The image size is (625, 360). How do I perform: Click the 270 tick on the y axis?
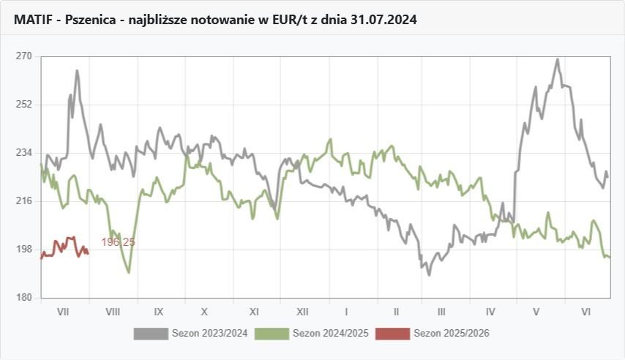[x=24, y=56]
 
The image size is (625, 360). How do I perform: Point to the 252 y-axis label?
[x=24, y=105]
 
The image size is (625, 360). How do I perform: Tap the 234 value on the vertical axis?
[x=24, y=153]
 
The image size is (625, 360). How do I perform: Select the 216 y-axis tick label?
[x=24, y=201]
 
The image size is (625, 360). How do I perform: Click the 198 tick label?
[x=24, y=250]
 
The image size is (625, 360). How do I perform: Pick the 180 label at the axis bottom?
[x=24, y=298]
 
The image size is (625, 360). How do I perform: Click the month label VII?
[x=63, y=312]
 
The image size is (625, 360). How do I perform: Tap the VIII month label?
[x=113, y=312]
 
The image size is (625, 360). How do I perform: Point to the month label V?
[x=536, y=312]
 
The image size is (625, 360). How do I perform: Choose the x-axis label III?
[x=441, y=312]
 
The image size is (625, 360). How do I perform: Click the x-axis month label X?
[x=205, y=312]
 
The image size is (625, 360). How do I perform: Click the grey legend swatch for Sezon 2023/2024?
[x=151, y=334]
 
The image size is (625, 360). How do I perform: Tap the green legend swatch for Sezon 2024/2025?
[x=272, y=334]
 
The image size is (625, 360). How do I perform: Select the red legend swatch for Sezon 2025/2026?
[x=392, y=334]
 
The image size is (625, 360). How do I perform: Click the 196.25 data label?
[x=118, y=242]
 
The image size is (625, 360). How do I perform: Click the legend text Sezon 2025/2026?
[x=452, y=334]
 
